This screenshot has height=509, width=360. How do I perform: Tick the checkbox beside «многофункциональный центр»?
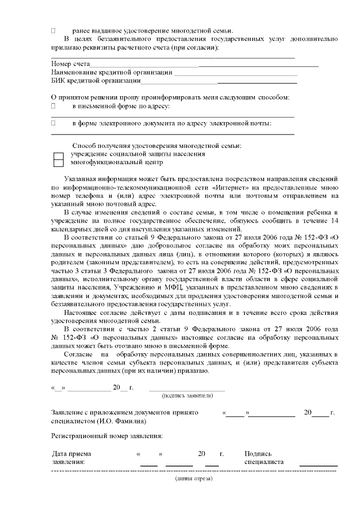tap(58, 163)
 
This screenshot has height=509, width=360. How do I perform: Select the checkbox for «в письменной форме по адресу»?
tap(53, 106)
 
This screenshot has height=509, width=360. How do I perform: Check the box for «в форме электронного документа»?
tap(53, 123)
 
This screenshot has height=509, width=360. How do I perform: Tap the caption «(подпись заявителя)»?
tap(187, 395)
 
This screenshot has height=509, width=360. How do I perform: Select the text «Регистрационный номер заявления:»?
tap(107, 436)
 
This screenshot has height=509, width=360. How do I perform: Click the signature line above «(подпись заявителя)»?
tap(187, 389)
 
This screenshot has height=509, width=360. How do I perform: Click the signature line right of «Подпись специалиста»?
tap(318, 465)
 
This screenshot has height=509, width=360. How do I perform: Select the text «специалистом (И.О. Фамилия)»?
tap(98, 421)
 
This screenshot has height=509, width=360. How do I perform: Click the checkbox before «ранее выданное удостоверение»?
tap(53, 30)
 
